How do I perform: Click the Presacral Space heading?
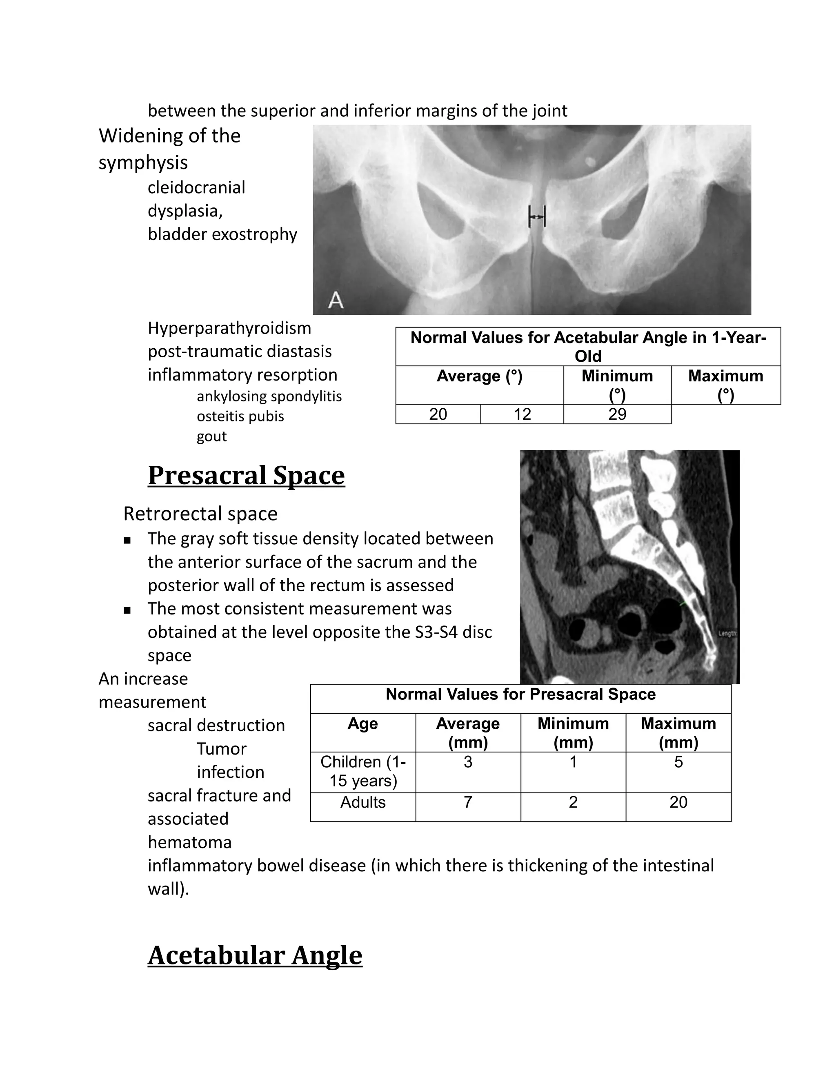(246, 476)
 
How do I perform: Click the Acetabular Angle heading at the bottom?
(255, 955)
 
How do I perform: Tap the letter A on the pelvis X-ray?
(336, 300)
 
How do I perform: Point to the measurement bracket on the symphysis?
(537, 216)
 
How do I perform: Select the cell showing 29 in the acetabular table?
(617, 414)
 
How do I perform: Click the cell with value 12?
(522, 414)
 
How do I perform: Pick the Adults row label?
(362, 802)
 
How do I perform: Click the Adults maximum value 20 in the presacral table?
(678, 802)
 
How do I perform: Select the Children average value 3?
(467, 762)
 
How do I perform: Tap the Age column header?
(362, 724)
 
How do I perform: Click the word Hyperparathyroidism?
(229, 328)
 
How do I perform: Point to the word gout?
(211, 436)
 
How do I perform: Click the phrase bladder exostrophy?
(222, 234)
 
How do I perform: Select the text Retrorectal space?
(200, 514)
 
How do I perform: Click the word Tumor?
(221, 748)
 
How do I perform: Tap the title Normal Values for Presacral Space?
(520, 694)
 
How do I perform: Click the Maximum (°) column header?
(725, 385)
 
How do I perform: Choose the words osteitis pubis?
(240, 416)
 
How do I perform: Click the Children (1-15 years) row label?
(362, 771)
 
